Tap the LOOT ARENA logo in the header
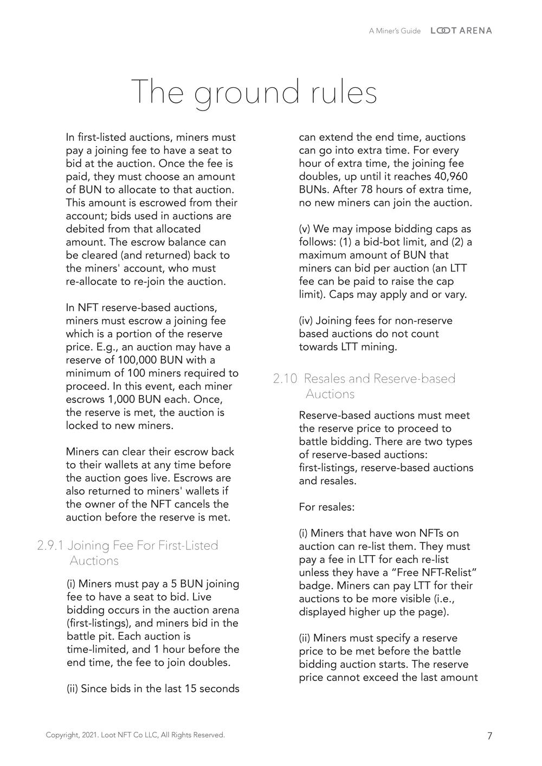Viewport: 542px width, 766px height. point(461,31)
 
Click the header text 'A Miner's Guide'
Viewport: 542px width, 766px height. point(395,31)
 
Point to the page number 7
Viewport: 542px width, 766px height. point(490,736)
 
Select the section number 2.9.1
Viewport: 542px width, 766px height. point(50,546)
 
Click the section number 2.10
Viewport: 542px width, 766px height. point(285,379)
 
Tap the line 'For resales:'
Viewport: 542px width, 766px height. point(327,508)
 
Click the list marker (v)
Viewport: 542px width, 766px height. point(305,229)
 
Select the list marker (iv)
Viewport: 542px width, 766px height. point(306,321)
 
